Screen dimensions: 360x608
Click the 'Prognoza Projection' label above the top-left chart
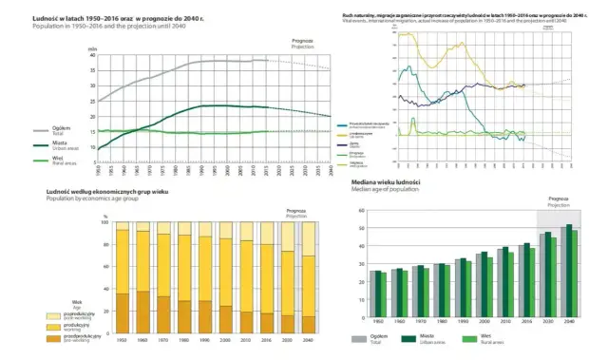(x=300, y=44)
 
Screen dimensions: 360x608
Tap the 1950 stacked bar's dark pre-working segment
(x=122, y=313)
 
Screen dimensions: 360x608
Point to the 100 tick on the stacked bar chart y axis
(x=105, y=221)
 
